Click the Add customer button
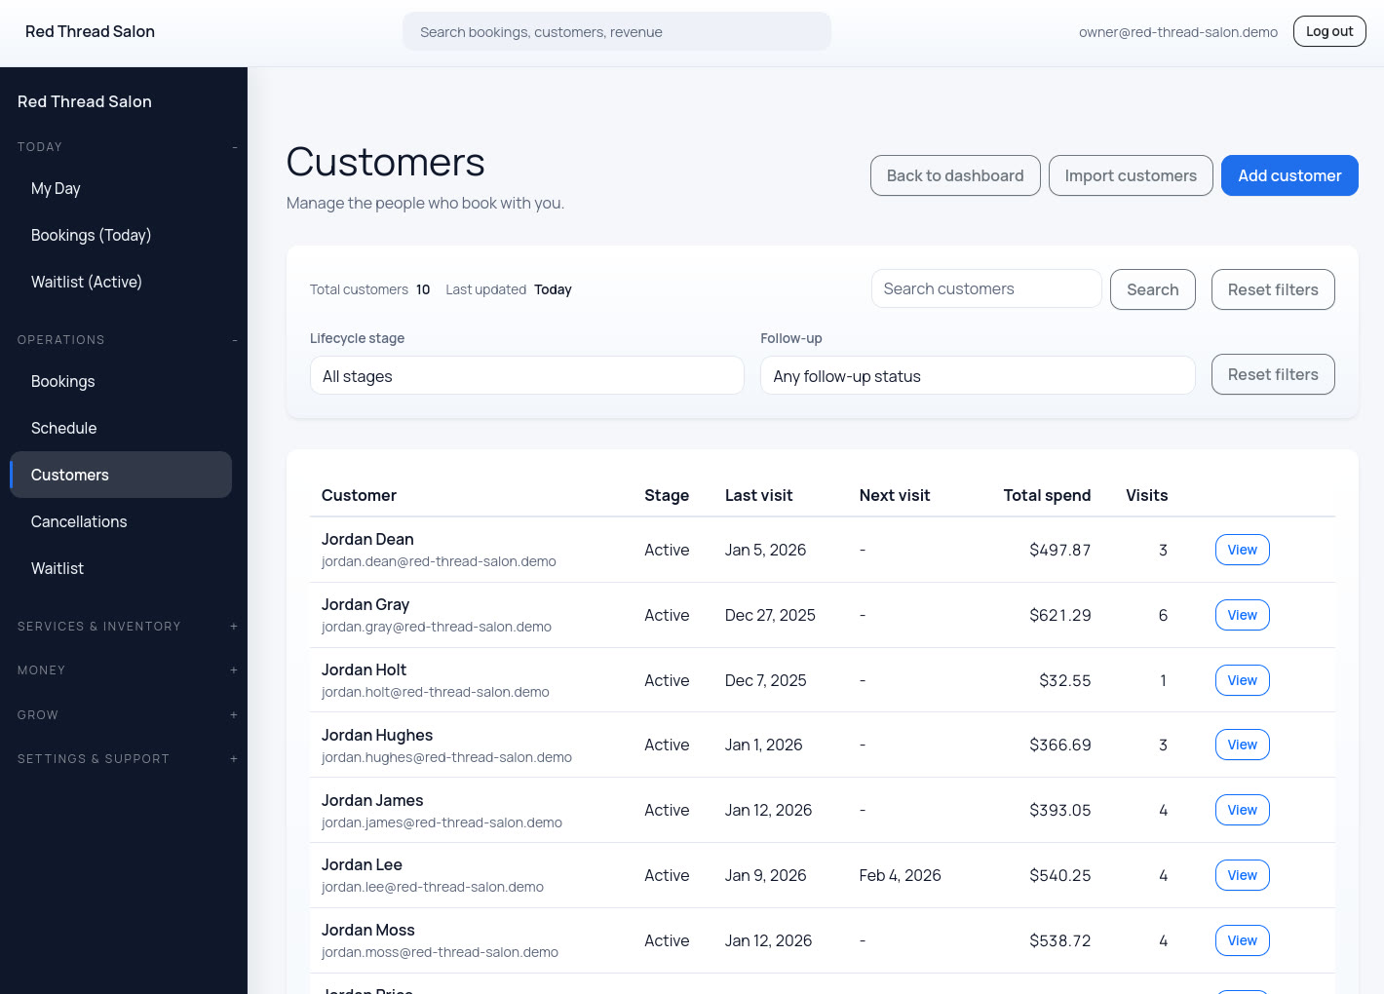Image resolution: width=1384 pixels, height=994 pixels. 1288,175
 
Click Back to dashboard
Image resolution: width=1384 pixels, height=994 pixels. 954,175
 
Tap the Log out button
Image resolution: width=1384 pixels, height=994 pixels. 1328,31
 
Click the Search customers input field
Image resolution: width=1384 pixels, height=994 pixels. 985,288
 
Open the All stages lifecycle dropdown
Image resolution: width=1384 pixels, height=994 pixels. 526,376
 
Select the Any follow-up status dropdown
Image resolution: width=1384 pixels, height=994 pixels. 977,376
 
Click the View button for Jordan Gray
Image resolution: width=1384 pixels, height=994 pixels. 1242,615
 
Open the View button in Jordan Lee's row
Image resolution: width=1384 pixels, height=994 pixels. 1242,875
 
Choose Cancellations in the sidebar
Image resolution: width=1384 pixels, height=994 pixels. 79,521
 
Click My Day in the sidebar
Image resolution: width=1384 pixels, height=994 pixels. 56,188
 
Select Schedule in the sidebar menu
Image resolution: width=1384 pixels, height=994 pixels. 63,428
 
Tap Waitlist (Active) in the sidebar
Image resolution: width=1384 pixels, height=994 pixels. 86,282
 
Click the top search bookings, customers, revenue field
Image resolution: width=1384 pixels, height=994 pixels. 616,32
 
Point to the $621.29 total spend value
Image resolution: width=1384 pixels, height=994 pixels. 1059,615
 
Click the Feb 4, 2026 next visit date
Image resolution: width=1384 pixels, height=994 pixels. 900,875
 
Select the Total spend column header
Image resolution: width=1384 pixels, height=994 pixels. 1046,495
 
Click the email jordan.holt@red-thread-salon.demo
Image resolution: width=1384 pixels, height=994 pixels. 435,692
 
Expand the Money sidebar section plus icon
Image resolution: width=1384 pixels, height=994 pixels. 234,670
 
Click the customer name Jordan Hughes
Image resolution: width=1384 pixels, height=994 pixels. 376,735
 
